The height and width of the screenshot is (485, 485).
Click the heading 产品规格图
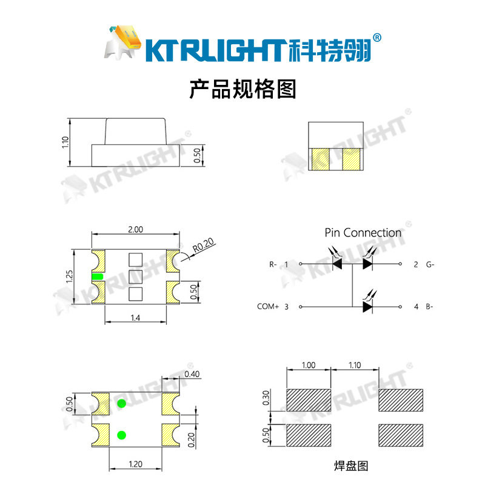242,90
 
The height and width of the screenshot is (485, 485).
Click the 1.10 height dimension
66,142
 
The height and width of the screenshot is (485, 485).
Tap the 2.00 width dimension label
135,230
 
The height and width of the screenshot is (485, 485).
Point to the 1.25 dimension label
69,277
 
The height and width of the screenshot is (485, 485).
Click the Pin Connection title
363,233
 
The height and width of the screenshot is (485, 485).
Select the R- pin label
273,264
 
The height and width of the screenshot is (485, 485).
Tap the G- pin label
430,264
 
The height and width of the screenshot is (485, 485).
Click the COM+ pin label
267,307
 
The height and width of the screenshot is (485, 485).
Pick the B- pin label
430,307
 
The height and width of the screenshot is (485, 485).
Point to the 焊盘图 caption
351,466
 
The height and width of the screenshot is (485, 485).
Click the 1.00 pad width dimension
309,366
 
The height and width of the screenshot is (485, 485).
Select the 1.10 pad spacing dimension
355,366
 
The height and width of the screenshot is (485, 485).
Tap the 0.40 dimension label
192,373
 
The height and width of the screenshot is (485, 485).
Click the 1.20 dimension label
135,464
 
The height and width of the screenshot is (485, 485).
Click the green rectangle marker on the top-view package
98,277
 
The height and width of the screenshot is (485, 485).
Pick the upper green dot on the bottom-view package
121,404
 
